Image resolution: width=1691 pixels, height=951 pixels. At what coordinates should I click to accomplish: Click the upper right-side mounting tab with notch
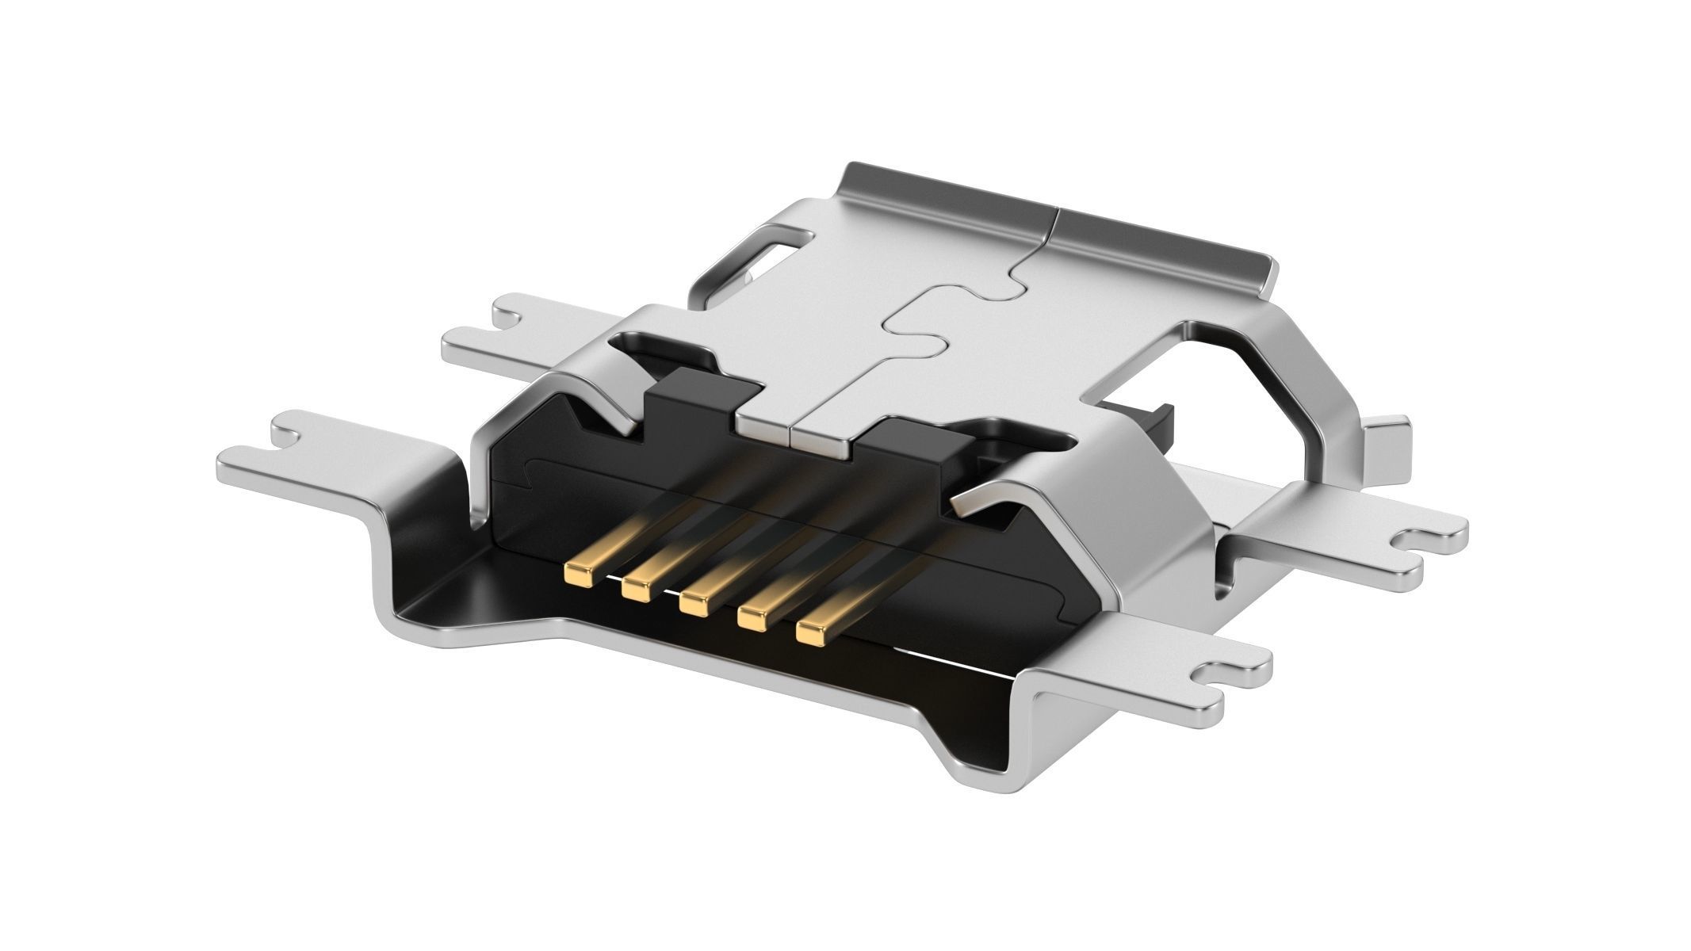coord(1364,539)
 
